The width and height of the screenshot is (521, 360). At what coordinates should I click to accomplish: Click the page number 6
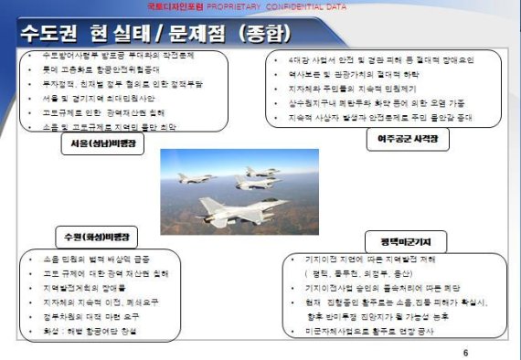(x=465, y=352)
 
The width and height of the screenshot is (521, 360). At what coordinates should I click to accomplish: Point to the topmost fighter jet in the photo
(x=261, y=172)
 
